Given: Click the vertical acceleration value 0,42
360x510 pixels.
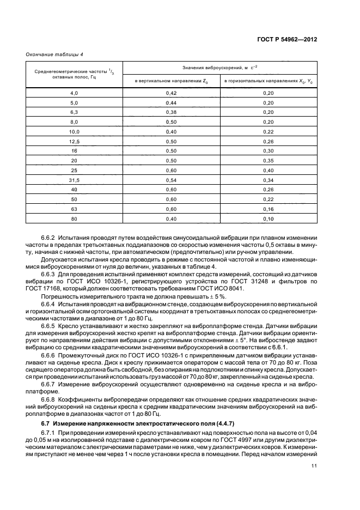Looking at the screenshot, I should point(172,93).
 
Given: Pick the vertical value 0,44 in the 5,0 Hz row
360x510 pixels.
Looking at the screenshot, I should point(172,103).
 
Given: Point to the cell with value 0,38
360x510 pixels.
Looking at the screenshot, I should point(172,113).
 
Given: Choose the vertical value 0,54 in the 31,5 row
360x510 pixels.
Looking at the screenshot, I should point(172,180).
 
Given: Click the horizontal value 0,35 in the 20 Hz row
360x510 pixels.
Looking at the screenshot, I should point(268,161).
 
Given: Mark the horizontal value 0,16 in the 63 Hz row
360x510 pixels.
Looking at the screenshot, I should point(268,209).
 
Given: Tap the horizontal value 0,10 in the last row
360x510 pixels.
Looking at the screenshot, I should point(268,218).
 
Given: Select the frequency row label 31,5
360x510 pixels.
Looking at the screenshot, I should point(74,180).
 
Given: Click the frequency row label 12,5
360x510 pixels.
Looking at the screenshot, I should point(74,142).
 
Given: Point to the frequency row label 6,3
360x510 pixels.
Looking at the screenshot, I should point(74,113).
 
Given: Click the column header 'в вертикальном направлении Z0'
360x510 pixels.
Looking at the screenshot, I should point(172,81).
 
